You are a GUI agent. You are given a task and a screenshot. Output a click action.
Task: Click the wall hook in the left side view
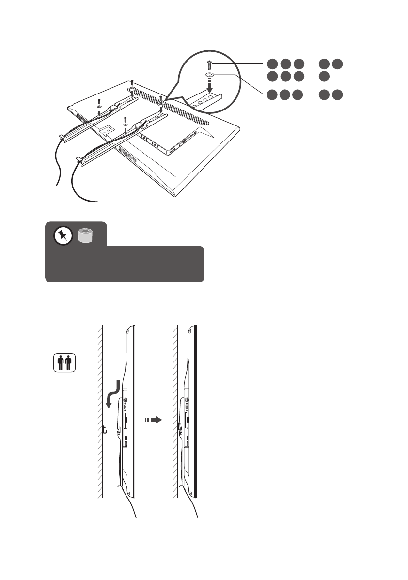tap(105, 429)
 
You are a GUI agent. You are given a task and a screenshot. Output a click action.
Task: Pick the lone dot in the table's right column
tap(324, 76)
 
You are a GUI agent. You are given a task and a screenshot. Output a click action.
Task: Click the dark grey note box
tap(125, 264)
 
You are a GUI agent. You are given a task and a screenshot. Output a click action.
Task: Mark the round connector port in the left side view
tap(126, 400)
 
